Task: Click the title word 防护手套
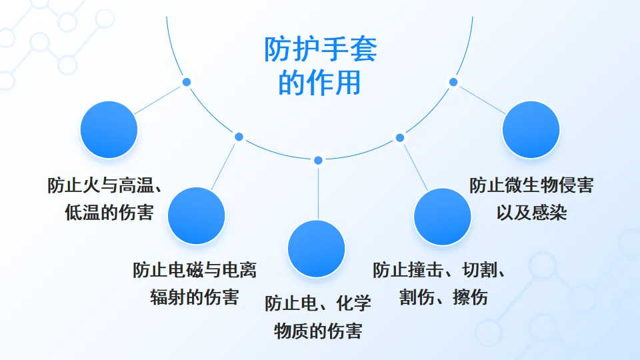point(321,49)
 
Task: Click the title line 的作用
point(321,83)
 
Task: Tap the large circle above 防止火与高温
point(109,129)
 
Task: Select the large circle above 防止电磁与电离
point(196,215)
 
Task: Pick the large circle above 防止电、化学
point(316,249)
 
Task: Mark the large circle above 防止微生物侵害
point(531,130)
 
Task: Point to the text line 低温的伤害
point(109,212)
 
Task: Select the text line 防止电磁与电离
point(195,270)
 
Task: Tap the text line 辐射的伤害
point(194,297)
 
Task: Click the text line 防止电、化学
point(318,303)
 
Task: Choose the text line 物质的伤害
point(318,330)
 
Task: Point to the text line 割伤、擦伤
point(443,297)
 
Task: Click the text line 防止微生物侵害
point(531,185)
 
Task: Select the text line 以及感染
point(531,212)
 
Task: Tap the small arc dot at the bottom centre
point(318,160)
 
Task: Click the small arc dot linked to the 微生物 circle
point(453,82)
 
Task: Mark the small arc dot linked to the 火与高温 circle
point(187,82)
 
